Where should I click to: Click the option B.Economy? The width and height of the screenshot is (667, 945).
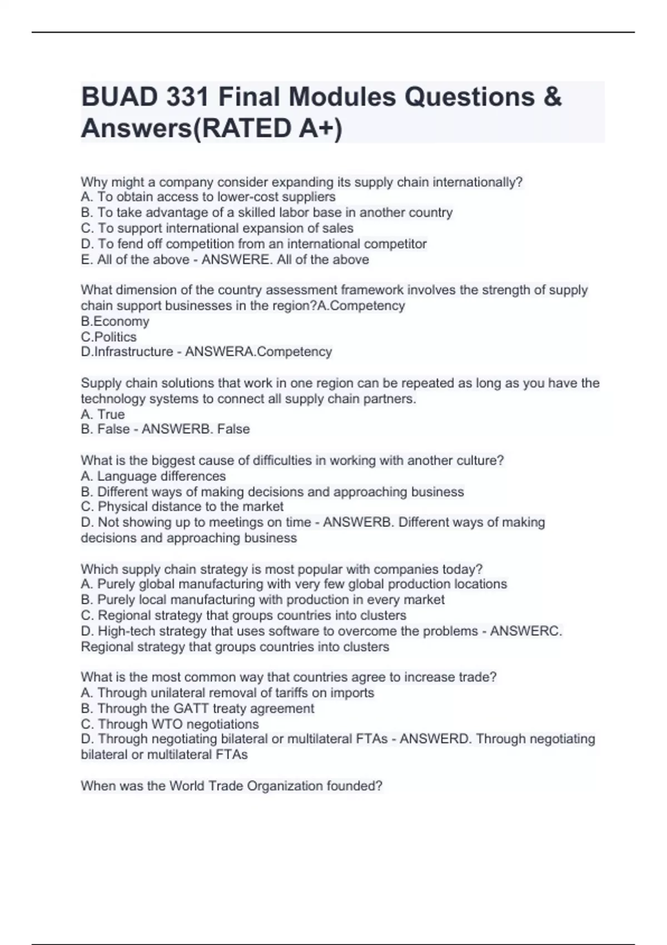pyautogui.click(x=115, y=321)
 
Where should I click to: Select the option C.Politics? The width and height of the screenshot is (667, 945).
pyautogui.click(x=108, y=337)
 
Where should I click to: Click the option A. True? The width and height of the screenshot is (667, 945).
pyautogui.click(x=103, y=414)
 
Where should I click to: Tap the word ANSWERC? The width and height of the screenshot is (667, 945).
pyautogui.click(x=526, y=631)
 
